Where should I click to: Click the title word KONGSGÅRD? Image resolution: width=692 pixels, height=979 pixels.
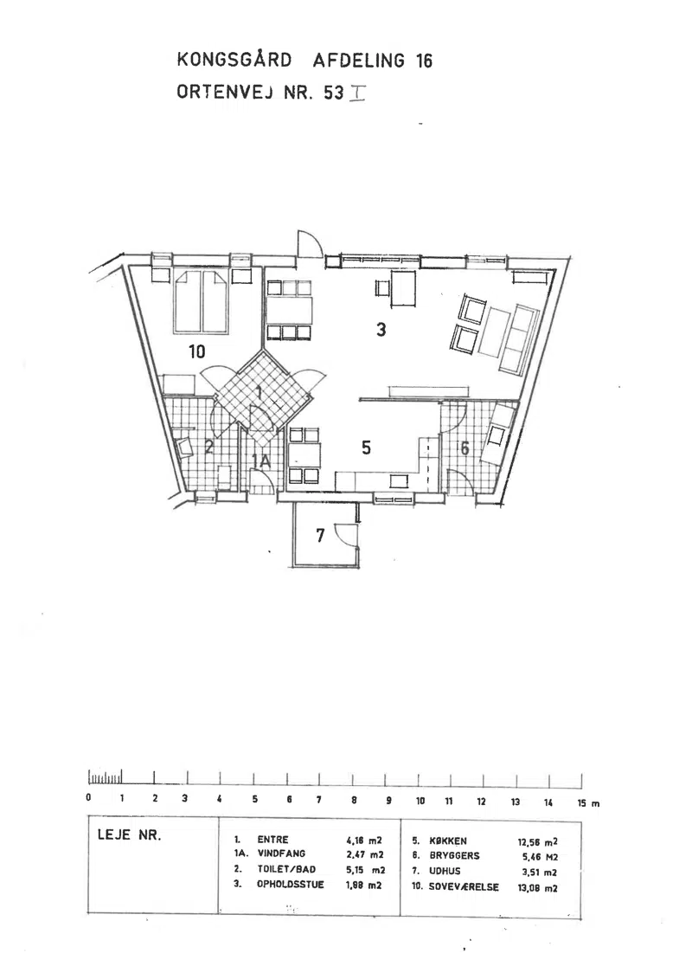click(234, 60)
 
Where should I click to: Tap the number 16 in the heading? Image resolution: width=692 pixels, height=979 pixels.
click(424, 61)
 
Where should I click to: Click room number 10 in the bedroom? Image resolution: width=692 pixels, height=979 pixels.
click(196, 352)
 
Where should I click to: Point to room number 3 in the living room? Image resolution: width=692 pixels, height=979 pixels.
click(381, 329)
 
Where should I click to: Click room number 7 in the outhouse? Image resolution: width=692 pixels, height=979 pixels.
click(320, 535)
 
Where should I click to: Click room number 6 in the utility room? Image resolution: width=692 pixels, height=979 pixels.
click(465, 448)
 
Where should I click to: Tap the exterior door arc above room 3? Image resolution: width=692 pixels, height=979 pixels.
click(310, 242)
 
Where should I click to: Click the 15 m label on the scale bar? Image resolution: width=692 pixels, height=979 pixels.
click(588, 803)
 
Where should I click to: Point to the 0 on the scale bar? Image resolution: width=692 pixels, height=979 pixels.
click(89, 798)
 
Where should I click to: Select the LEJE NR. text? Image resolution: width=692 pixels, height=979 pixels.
click(129, 834)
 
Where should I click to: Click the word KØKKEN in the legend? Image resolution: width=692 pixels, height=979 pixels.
click(448, 841)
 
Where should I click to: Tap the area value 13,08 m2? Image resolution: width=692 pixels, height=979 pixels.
click(538, 888)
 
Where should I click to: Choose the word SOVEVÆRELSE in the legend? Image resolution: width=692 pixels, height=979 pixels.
click(464, 886)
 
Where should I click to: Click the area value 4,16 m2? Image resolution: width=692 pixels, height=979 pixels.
click(364, 841)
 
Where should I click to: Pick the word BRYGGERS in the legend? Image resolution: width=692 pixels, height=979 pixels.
click(454, 855)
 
